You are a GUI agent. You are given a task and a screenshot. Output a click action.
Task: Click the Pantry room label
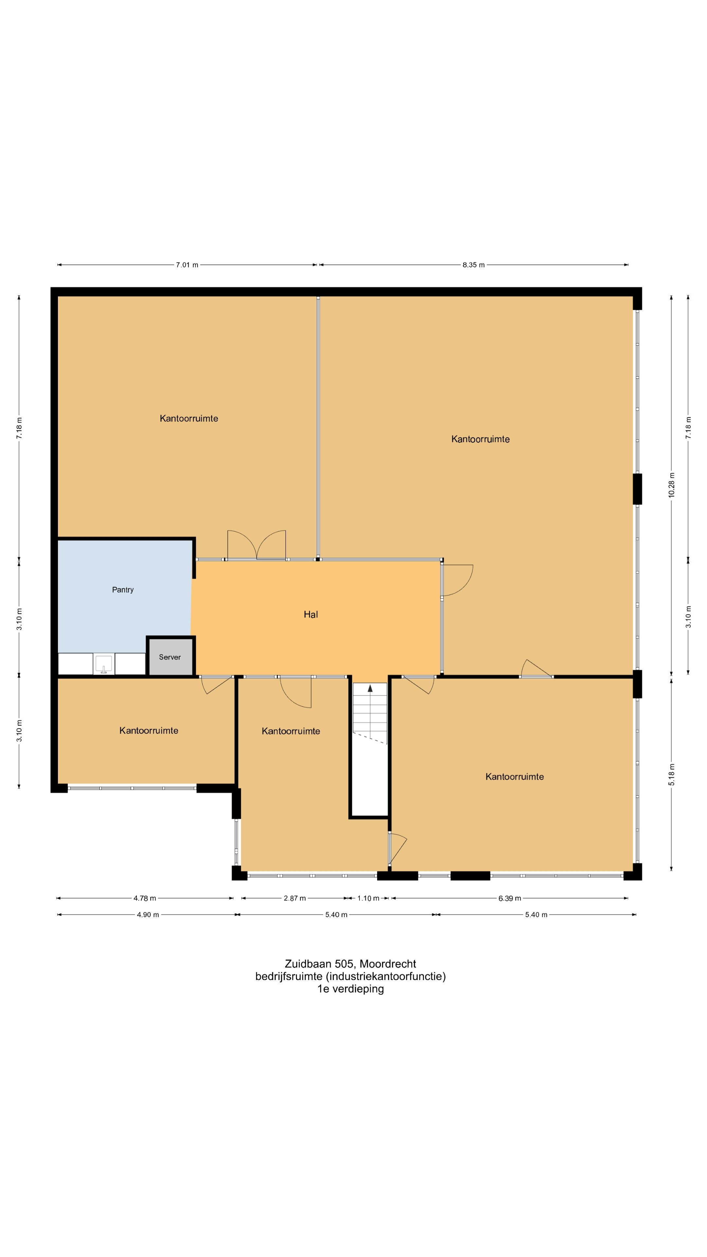point(122,590)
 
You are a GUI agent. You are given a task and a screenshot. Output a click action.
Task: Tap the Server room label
point(170,657)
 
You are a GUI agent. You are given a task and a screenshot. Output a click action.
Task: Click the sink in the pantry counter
point(103,665)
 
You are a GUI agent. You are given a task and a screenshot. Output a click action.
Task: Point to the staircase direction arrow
point(370,688)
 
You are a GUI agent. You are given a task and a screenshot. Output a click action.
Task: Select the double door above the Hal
point(257,545)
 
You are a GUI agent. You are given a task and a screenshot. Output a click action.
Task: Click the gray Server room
point(170,657)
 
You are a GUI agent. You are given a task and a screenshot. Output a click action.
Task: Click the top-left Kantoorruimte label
point(189,418)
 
